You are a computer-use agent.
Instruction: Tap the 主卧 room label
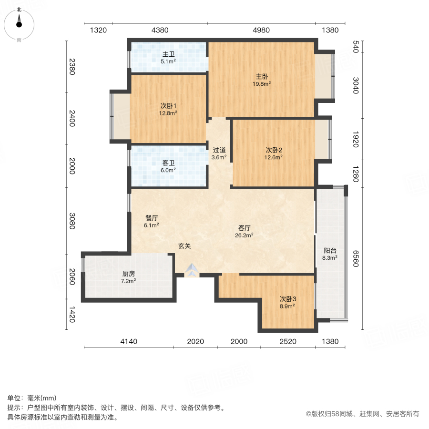(262, 76)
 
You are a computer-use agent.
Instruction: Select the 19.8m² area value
(262, 84)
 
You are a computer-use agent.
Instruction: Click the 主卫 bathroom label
(168, 54)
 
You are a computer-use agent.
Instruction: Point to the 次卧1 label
(168, 106)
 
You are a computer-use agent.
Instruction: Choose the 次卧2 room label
(274, 149)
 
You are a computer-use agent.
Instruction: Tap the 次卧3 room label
(288, 299)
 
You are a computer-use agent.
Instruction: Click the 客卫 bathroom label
(168, 163)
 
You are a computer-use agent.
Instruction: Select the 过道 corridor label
(219, 149)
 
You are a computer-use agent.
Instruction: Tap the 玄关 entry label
(184, 246)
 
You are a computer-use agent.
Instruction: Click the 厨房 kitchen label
(129, 274)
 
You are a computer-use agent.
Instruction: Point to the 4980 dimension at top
(261, 31)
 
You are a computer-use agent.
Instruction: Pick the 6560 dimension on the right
(355, 258)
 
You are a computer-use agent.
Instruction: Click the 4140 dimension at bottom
(129, 341)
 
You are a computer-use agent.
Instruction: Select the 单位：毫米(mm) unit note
(32, 398)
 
